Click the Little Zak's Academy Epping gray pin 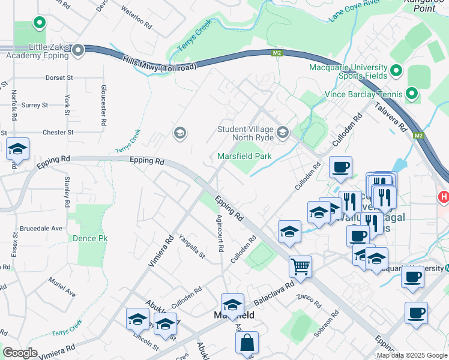pyautogui.click(x=78, y=51)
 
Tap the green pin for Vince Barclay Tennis pyautogui.click(x=411, y=94)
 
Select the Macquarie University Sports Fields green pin pyautogui.click(x=396, y=71)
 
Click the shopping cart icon pyautogui.click(x=300, y=266)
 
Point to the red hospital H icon pyautogui.click(x=444, y=196)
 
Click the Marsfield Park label pyautogui.click(x=244, y=156)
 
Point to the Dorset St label pyautogui.click(x=59, y=78)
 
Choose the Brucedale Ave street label pyautogui.click(x=41, y=229)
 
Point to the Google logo pyautogui.click(x=20, y=353)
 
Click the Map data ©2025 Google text pyautogui.click(x=411, y=355)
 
